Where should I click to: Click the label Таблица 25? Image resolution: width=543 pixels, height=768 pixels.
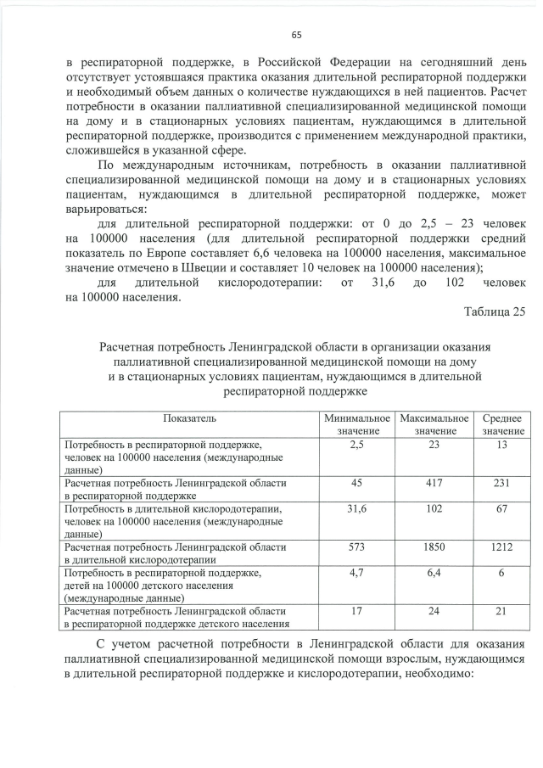click(x=494, y=311)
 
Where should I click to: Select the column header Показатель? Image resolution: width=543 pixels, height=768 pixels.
click(x=190, y=418)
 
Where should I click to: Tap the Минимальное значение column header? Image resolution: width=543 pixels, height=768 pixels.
click(x=356, y=425)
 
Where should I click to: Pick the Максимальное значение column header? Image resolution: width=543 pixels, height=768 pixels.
click(x=434, y=425)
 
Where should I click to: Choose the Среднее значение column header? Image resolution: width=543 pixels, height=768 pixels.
click(x=503, y=425)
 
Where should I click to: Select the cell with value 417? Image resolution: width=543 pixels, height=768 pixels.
click(x=434, y=482)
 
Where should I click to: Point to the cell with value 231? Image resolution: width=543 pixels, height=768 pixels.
click(x=503, y=482)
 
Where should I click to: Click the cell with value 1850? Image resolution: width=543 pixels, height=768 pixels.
click(x=434, y=547)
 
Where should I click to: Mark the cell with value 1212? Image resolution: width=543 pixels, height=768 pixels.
click(x=503, y=547)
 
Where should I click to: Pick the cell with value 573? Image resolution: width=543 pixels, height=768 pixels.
click(x=356, y=547)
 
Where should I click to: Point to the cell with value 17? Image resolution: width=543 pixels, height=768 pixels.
click(x=356, y=611)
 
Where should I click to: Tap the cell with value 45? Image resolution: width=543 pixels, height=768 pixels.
click(x=356, y=482)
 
